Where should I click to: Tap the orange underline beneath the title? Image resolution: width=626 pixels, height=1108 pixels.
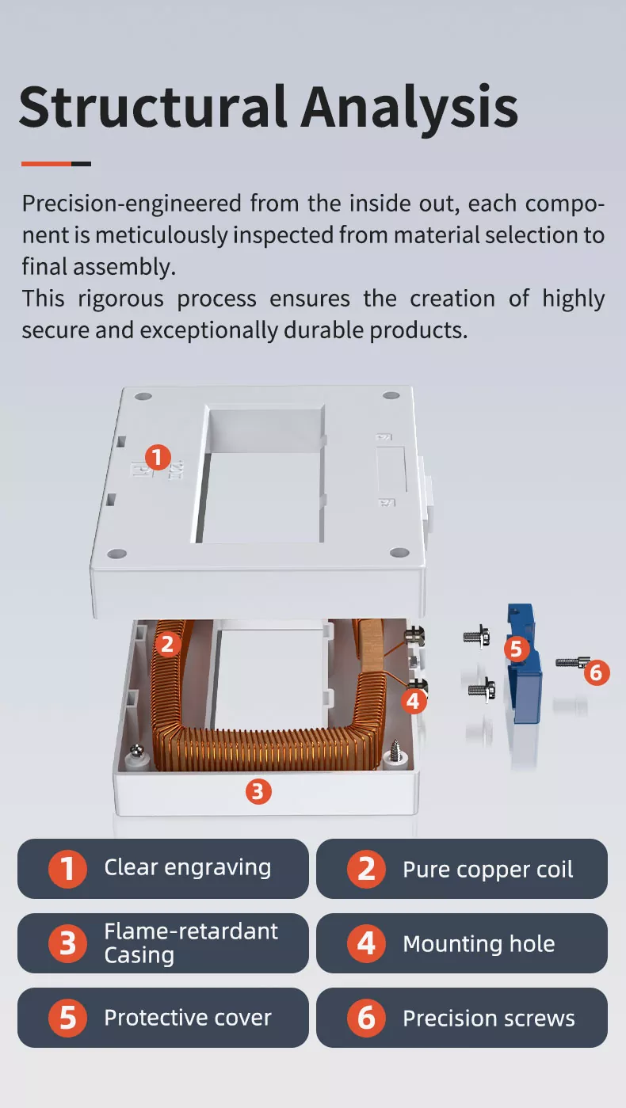pyautogui.click(x=47, y=164)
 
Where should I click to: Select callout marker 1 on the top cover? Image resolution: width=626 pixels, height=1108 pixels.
pyautogui.click(x=158, y=457)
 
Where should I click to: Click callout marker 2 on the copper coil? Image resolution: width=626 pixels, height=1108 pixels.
pyautogui.click(x=166, y=644)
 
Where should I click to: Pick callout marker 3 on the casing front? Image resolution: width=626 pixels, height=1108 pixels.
pyautogui.click(x=258, y=790)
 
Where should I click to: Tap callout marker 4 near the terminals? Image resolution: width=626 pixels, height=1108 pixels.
pyautogui.click(x=413, y=700)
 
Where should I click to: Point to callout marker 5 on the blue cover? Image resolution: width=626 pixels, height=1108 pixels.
pyautogui.click(x=516, y=649)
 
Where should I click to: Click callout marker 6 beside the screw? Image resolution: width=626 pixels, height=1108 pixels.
pyautogui.click(x=597, y=673)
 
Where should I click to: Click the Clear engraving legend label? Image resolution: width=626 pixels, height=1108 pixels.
pyautogui.click(x=187, y=867)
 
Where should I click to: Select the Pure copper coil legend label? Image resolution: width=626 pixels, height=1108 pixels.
pyautogui.click(x=487, y=870)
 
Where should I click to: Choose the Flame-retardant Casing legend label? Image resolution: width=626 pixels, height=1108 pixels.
pyautogui.click(x=190, y=942)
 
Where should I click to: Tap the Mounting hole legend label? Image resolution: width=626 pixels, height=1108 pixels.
pyautogui.click(x=479, y=944)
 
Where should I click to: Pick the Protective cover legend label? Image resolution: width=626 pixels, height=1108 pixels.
pyautogui.click(x=187, y=1018)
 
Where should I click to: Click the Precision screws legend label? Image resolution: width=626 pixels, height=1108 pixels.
pyautogui.click(x=488, y=1019)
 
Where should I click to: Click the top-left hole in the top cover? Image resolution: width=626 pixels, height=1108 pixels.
pyautogui.click(x=143, y=395)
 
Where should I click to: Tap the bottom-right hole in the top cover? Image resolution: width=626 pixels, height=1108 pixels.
pyautogui.click(x=400, y=553)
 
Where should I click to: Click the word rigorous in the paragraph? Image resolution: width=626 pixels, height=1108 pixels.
pyautogui.click(x=119, y=299)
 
